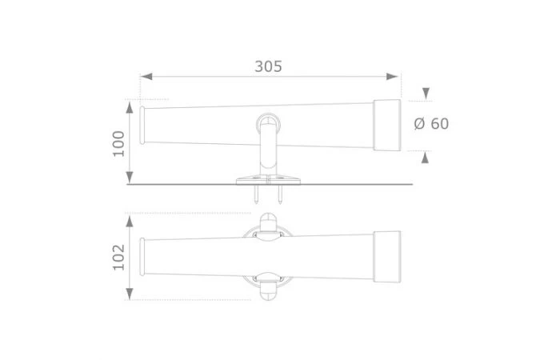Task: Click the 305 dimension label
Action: click(268, 66)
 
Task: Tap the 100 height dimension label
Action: click(118, 143)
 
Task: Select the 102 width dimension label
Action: click(118, 257)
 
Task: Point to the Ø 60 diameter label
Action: click(431, 124)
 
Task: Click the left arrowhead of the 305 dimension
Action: click(146, 77)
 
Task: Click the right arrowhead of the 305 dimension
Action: click(392, 77)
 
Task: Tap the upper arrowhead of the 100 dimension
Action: click(130, 107)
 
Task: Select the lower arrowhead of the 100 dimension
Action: click(130, 177)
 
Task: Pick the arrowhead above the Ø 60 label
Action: click(426, 94)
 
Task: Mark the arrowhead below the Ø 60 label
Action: click(425, 158)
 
